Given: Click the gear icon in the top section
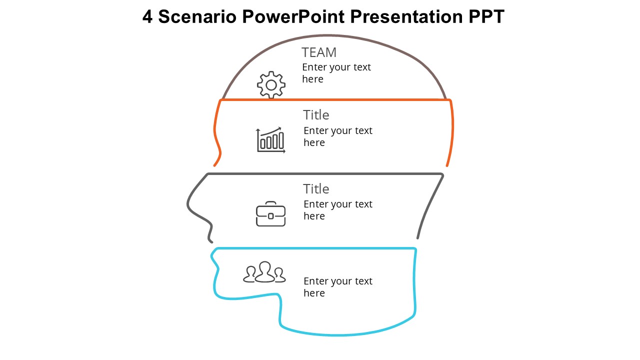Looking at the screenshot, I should coord(271,85).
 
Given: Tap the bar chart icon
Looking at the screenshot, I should coord(270,140).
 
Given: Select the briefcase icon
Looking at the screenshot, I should coord(270,214).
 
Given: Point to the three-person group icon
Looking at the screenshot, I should coord(264,272).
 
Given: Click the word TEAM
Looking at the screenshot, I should coord(319,52).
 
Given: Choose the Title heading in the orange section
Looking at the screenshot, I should coord(316,115).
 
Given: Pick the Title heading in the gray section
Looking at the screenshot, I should coord(316,189).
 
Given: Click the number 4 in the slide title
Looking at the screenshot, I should coord(147,17).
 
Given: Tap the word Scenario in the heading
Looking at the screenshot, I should coord(197,17).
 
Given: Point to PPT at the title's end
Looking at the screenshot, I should coord(486,17).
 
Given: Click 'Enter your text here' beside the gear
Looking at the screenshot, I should coord(336,73).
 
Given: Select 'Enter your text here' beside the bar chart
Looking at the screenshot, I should coord(337,136).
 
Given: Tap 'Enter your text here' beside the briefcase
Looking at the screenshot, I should coord(337,210).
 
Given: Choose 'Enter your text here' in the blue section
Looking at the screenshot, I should coord(337,287).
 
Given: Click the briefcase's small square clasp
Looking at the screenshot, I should coord(270,216).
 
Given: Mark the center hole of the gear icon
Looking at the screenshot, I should coord(271,85).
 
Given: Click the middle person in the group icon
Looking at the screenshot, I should coord(265,271).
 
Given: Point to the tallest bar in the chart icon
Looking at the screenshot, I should coord(281,140).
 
